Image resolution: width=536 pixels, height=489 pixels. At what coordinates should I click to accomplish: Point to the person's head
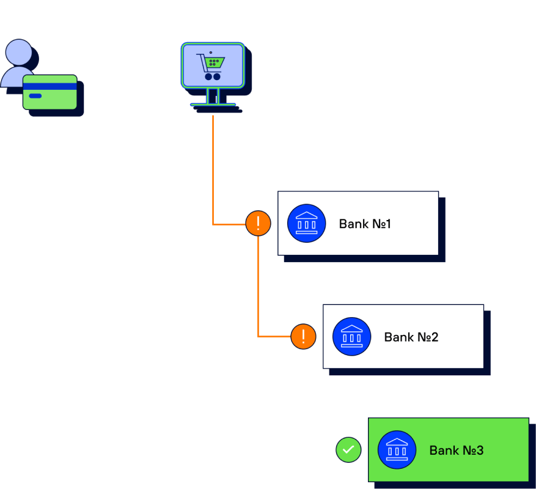pyautogui.click(x=19, y=53)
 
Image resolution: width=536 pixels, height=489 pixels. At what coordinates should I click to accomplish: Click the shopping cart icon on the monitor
pyautogui.click(x=211, y=66)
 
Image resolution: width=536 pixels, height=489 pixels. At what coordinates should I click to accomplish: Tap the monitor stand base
pyautogui.click(x=213, y=105)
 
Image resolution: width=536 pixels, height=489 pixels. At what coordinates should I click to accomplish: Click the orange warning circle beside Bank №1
pyautogui.click(x=258, y=223)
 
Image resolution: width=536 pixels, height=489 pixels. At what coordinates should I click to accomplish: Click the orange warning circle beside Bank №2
pyautogui.click(x=303, y=336)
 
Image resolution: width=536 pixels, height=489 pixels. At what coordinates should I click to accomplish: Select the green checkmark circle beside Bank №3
pyautogui.click(x=348, y=450)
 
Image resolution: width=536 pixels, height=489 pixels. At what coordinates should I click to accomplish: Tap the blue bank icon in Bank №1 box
pyautogui.click(x=306, y=223)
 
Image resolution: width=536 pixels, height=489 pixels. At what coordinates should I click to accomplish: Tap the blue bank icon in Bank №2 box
pyautogui.click(x=351, y=336)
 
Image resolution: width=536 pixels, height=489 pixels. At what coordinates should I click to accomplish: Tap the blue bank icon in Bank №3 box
pyautogui.click(x=397, y=450)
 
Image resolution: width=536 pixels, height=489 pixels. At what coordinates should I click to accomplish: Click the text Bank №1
pyautogui.click(x=365, y=224)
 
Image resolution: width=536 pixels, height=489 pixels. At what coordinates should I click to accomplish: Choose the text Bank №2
pyautogui.click(x=411, y=337)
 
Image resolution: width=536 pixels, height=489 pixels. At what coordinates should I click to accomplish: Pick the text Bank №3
pyautogui.click(x=456, y=450)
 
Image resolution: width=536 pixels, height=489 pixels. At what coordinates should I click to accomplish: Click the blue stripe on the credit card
pyautogui.click(x=50, y=86)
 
